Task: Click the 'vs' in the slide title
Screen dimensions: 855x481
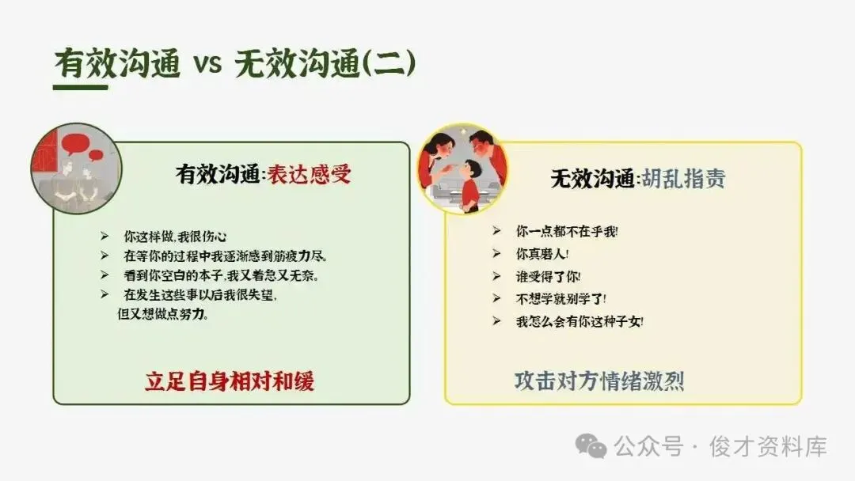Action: [207, 64]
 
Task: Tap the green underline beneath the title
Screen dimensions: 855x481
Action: [81, 87]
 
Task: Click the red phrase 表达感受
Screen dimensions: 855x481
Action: [309, 174]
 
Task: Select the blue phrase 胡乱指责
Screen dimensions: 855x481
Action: [683, 178]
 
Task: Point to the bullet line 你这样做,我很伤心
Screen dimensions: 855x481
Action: [174, 237]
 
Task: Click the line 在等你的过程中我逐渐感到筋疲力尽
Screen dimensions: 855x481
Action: [225, 256]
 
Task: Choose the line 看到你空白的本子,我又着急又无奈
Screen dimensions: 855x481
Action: [221, 275]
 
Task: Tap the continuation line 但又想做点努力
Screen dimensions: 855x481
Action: [162, 314]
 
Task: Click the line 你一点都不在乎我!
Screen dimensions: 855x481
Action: [567, 232]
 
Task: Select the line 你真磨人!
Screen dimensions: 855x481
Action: [542, 254]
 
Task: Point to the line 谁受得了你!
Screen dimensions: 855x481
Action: [548, 277]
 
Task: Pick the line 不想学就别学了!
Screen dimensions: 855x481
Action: [560, 299]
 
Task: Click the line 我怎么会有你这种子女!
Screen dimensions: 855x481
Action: [579, 321]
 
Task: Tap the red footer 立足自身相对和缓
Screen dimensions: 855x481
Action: [230, 381]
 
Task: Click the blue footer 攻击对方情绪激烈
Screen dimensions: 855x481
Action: [598, 381]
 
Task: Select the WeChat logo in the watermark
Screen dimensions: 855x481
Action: [591, 446]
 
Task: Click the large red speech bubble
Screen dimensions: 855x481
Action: [75, 144]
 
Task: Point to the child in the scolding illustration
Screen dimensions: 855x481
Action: [469, 184]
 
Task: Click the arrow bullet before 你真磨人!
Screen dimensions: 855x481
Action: [496, 254]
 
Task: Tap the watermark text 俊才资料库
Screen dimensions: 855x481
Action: [768, 447]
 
